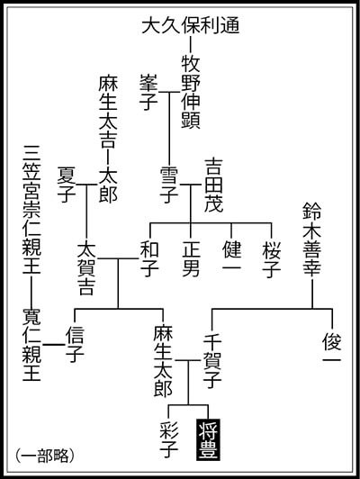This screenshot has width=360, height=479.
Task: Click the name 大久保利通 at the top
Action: tap(191, 25)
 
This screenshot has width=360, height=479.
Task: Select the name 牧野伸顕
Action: tap(191, 92)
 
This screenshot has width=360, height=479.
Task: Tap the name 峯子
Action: tap(148, 92)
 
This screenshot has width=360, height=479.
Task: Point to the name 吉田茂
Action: tap(213, 185)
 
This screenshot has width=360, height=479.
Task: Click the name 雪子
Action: tap(169, 185)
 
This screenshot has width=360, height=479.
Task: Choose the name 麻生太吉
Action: tap(108, 112)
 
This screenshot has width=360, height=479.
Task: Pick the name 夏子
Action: tap(67, 185)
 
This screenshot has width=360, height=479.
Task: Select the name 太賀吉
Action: tap(86, 268)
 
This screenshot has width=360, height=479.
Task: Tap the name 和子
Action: tap(149, 259)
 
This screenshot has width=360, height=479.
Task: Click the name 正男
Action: tap(191, 259)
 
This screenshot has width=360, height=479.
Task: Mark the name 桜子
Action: tap(272, 259)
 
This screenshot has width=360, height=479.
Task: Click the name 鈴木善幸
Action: tap(312, 239)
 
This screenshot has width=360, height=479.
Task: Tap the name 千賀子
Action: tap(212, 361)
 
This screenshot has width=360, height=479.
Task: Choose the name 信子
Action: tap(75, 344)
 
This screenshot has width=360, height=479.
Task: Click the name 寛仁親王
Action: tap(31, 344)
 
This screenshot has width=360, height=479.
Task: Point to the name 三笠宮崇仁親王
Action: tap(31, 210)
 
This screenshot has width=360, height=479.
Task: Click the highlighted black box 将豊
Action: tap(208, 439)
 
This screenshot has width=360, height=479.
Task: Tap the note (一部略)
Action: tap(45, 456)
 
